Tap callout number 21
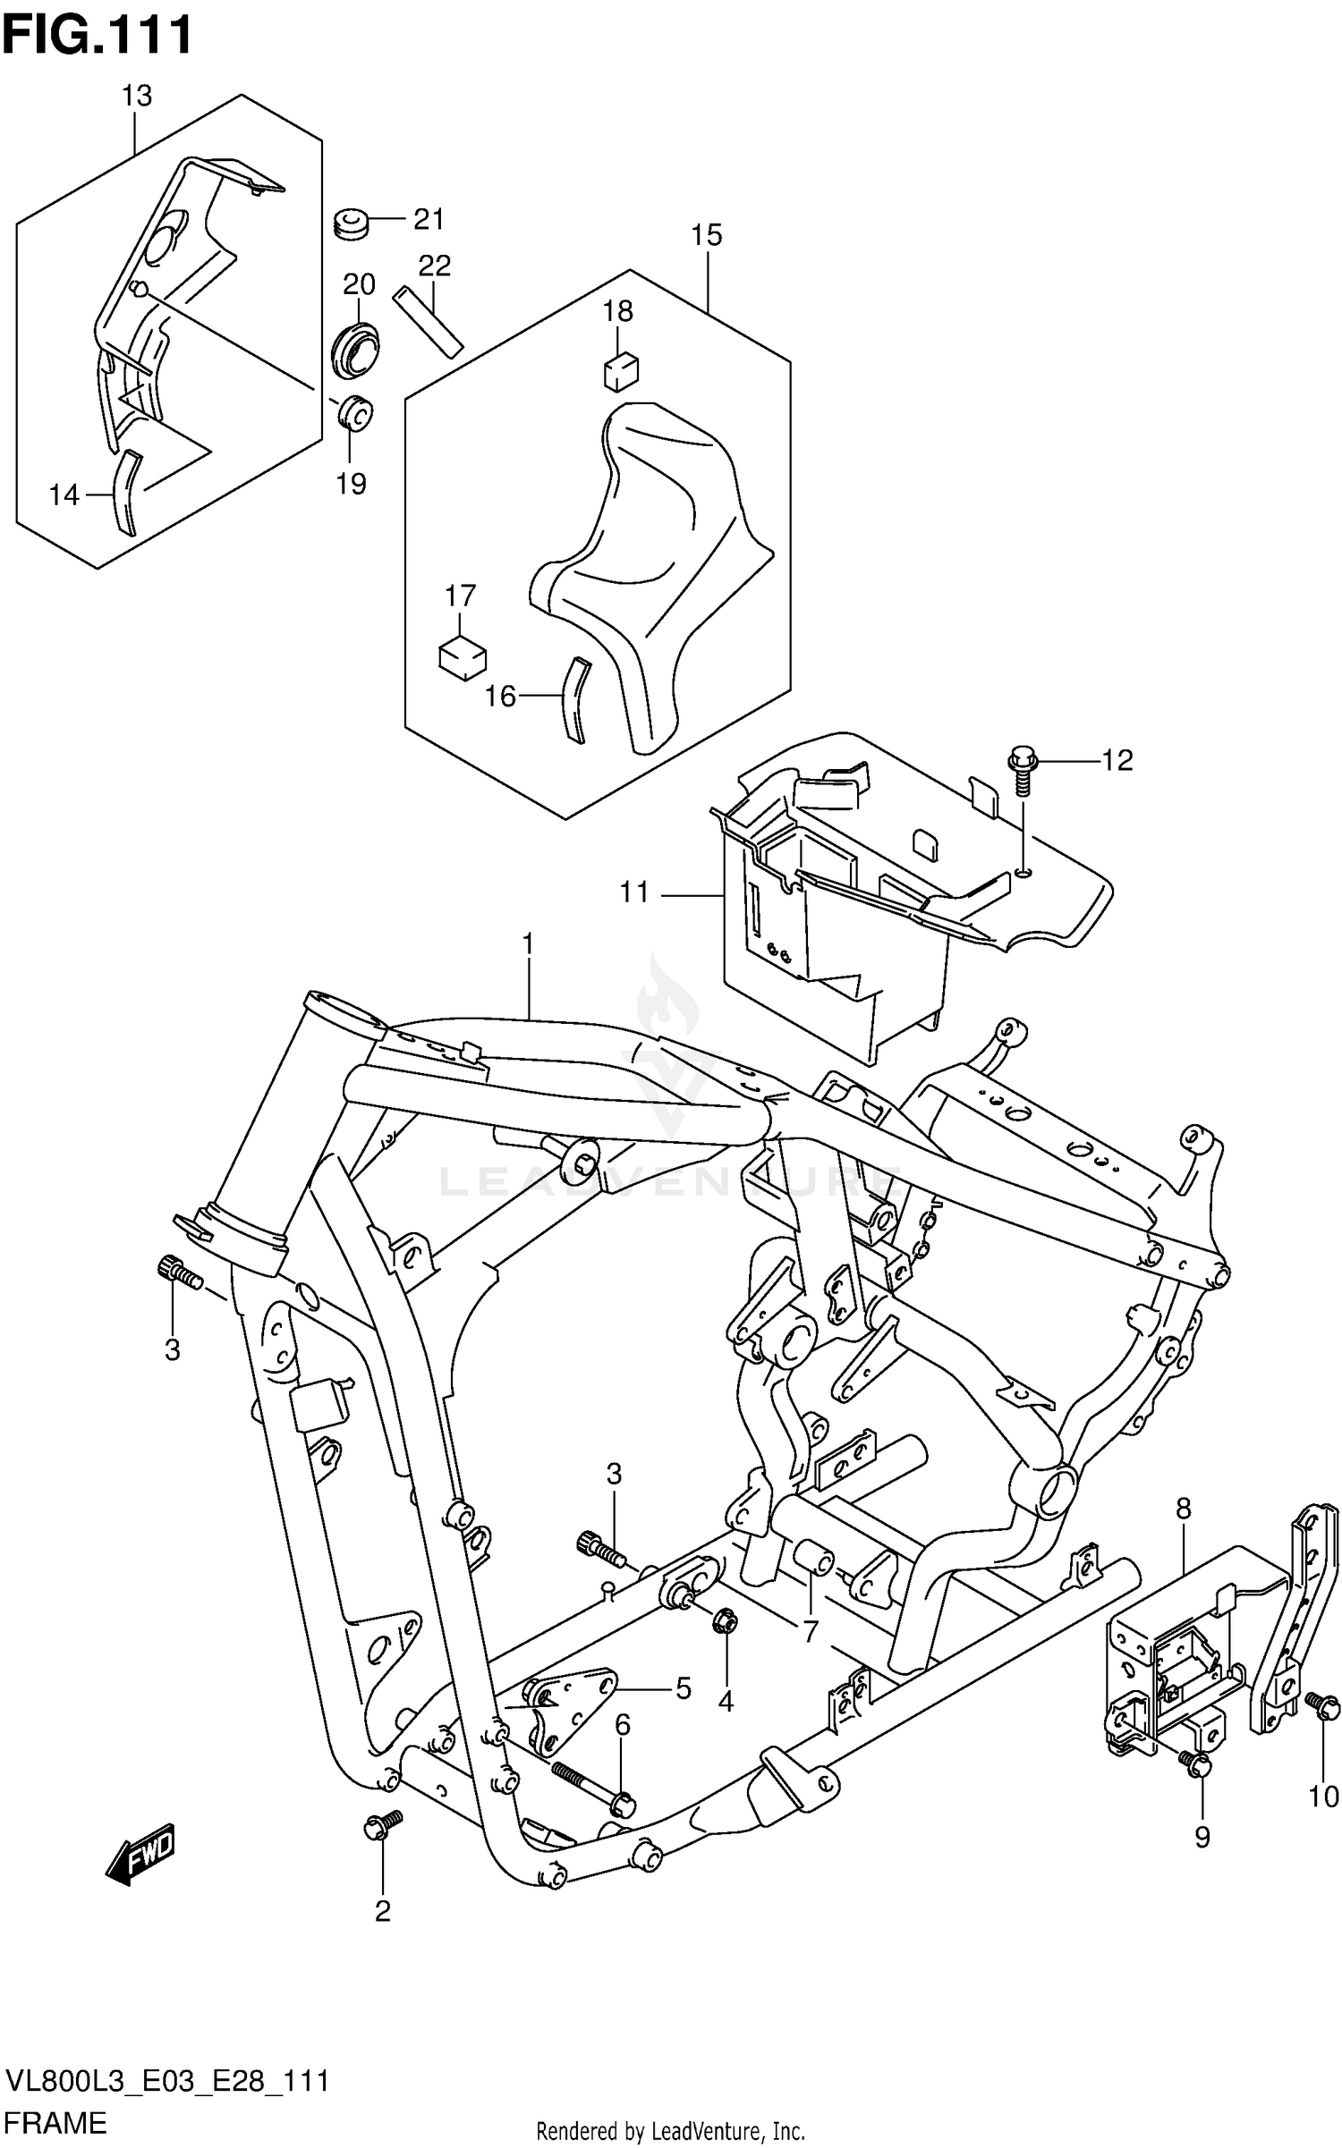428,219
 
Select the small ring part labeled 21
351,224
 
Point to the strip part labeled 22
429,321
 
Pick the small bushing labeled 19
354,412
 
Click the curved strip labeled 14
126,493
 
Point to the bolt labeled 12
1022,771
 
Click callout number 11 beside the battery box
634,892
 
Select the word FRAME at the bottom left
55,2121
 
